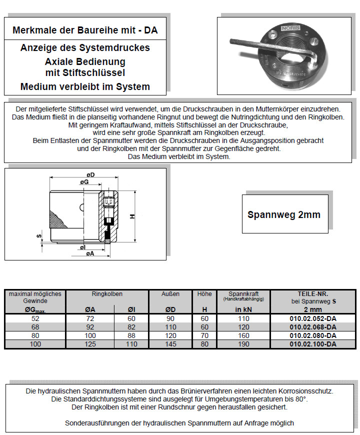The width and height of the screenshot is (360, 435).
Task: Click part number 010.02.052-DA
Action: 313,318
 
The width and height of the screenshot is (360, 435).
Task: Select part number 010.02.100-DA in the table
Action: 313,344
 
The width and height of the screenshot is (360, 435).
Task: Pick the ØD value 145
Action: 170,344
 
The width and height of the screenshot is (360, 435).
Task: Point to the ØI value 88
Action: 131,335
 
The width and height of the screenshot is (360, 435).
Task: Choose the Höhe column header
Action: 204,294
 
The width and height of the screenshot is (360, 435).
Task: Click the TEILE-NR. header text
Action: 313,294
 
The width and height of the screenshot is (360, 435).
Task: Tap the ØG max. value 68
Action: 34,327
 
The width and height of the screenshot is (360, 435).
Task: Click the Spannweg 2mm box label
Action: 283,214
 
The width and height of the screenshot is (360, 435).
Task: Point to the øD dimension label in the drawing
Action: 90,174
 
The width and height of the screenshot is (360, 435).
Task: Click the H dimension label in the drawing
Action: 131,216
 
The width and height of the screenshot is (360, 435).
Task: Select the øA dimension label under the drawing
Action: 90,254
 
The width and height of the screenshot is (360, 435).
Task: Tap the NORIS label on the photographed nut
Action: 291,29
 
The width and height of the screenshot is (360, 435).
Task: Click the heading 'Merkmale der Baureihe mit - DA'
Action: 84,30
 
